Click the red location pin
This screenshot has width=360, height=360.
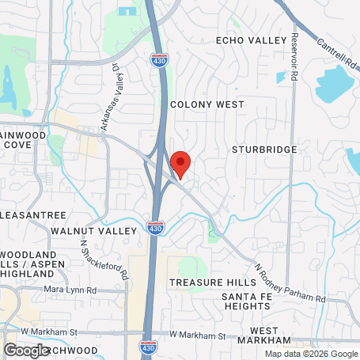point(180,164)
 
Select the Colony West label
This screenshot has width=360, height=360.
point(207,104)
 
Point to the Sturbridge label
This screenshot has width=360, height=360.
point(264,149)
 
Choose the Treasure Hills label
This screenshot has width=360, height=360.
point(208,282)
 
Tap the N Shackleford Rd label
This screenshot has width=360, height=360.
point(104,261)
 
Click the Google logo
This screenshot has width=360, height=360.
point(27,350)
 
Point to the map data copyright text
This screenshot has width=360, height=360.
point(311,354)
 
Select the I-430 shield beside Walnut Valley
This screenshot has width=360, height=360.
point(155,229)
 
